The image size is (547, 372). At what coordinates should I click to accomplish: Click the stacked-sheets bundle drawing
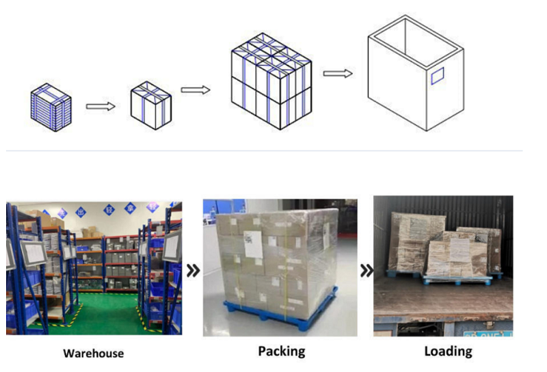[51, 109]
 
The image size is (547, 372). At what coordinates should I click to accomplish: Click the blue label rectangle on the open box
[437, 76]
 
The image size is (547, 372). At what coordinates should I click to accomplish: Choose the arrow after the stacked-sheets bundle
[101, 106]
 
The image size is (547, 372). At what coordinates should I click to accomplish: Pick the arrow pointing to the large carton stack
[195, 90]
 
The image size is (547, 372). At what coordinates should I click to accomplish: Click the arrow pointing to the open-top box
[338, 73]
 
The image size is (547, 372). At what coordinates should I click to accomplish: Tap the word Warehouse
[94, 354]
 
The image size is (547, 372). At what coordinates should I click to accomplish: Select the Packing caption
[281, 351]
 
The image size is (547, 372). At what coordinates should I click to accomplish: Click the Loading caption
[448, 351]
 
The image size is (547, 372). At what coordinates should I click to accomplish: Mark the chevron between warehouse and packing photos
[193, 271]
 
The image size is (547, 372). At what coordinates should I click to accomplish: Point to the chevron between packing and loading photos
[366, 271]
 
